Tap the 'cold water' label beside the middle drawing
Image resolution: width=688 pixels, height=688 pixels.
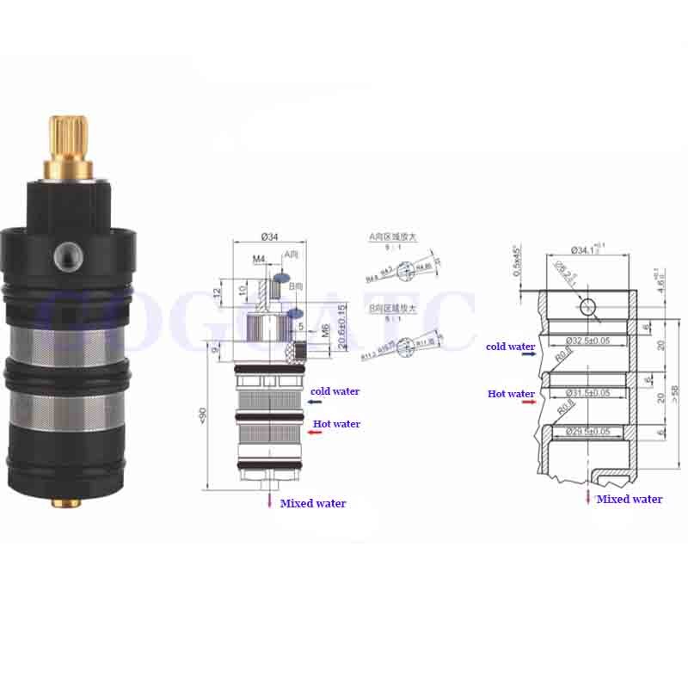[x=335, y=391]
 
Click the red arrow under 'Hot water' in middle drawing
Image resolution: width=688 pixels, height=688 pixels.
[x=315, y=433]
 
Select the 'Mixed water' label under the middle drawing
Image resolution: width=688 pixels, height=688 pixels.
[x=313, y=503]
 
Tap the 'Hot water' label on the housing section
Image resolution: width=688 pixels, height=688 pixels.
[x=511, y=394]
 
